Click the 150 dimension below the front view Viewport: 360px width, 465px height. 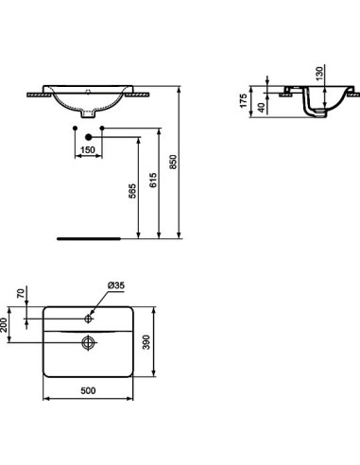(x=87, y=149)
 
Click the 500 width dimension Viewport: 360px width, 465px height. (x=90, y=387)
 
